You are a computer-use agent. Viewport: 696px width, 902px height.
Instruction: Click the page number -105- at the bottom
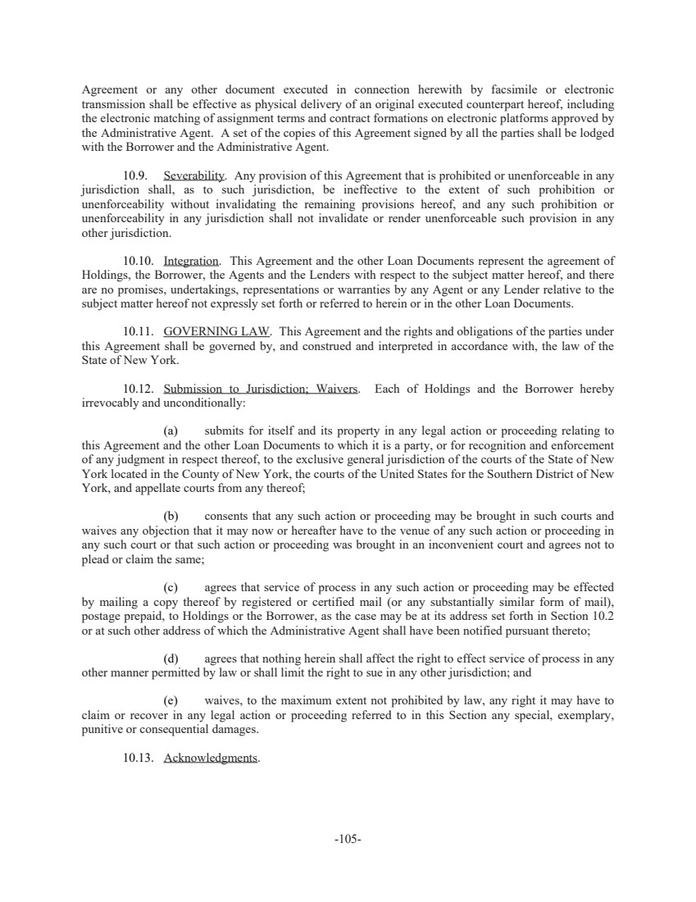pos(348,840)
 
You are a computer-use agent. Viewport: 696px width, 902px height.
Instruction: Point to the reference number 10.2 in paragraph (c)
pos(601,616)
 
